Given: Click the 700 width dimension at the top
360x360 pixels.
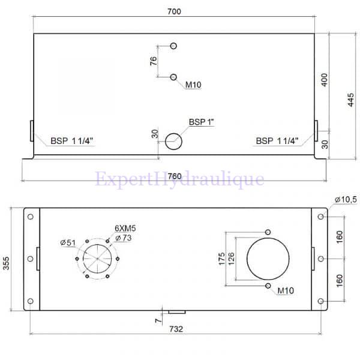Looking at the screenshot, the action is click(174, 11).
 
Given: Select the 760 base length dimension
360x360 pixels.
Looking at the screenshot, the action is click(175, 176).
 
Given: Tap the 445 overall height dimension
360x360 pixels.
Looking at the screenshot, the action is click(350, 100).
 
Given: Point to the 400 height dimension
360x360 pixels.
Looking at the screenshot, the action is click(324, 80).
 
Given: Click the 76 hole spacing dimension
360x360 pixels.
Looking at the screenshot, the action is click(154, 61).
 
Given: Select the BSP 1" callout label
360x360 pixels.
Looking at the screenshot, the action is click(201, 122).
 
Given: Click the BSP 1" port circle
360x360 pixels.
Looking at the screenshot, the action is click(173, 142).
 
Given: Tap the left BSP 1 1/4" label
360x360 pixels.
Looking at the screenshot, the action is click(71, 141).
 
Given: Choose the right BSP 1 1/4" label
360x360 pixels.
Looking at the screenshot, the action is click(277, 141).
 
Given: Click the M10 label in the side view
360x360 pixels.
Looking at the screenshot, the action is click(193, 85).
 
